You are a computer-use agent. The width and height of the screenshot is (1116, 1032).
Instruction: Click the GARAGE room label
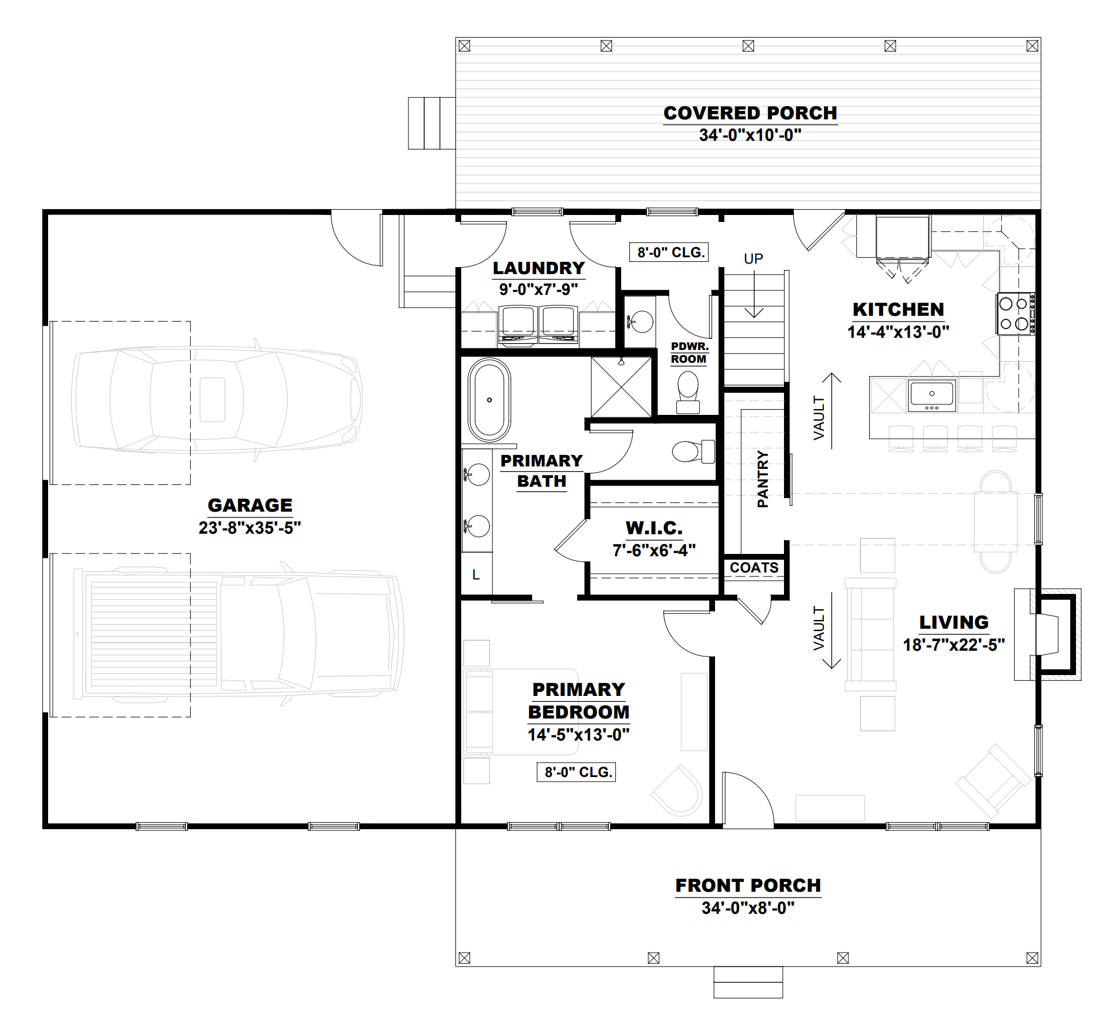(250, 505)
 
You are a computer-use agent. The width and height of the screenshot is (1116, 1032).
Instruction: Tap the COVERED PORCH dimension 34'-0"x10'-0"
(750, 135)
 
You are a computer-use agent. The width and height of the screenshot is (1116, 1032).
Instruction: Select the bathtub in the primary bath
(490, 400)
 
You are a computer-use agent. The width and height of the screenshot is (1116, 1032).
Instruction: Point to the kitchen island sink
(932, 395)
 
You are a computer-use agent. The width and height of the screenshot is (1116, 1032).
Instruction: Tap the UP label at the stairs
(753, 259)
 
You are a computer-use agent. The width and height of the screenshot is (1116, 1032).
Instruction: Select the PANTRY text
(763, 479)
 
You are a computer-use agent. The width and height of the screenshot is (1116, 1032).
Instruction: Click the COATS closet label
(754, 568)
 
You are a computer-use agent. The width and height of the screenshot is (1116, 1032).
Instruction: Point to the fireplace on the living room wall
(1048, 634)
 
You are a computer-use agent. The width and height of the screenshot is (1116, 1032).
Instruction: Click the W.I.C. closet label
(654, 528)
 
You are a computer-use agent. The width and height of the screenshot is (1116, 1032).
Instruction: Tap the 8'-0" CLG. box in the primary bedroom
(577, 772)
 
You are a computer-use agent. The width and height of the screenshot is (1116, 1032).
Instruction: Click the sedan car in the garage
(217, 400)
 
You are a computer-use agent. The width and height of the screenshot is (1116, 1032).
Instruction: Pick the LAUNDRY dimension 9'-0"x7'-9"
(538, 289)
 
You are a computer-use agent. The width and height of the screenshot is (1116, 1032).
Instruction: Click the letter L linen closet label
(476, 575)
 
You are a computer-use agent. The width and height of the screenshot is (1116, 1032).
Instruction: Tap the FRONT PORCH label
(748, 885)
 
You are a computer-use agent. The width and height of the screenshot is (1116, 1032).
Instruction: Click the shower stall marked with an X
(621, 386)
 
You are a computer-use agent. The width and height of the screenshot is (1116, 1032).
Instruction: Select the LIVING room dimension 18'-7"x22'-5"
(954, 645)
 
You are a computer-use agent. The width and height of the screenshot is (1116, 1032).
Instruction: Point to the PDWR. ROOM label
(689, 353)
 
